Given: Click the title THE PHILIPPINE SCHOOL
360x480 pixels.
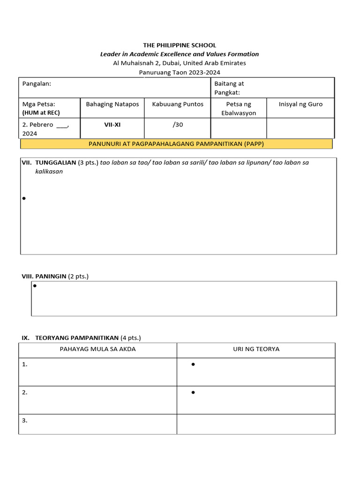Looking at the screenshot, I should (x=180, y=45).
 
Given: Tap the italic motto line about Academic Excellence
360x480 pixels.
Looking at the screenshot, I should (x=180, y=54).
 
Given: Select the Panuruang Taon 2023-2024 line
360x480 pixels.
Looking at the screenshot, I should (x=180, y=72).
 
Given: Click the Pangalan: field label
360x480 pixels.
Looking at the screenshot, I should (x=37, y=83).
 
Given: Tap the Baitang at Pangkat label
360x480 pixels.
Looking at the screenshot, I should (x=229, y=88).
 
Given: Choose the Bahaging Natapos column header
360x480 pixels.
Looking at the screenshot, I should (x=112, y=104).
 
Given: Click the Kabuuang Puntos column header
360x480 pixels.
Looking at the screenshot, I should (x=178, y=104).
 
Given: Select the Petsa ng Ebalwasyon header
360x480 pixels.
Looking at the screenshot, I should (x=239, y=108).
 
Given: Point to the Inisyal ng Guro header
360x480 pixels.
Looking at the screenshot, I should (x=300, y=104).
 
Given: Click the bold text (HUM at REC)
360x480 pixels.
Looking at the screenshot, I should (x=41, y=113).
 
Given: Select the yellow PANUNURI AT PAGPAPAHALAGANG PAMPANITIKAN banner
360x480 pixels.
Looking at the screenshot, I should (x=176, y=144).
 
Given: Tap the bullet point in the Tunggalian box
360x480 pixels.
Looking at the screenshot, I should (x=23, y=199).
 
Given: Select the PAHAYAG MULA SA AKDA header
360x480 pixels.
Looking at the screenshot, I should (x=97, y=349).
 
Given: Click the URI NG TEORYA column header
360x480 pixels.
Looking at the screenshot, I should (x=256, y=349).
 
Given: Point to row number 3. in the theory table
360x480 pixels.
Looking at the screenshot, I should (x=25, y=420).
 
